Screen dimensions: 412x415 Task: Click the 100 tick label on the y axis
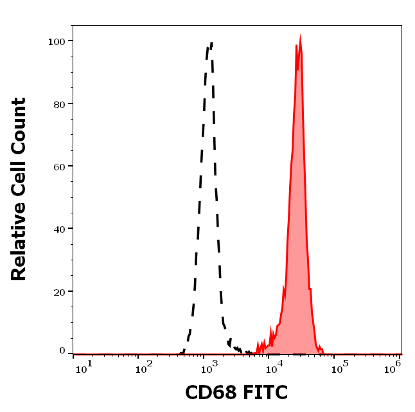click(x=58, y=41)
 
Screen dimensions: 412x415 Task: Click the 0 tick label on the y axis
click(x=63, y=351)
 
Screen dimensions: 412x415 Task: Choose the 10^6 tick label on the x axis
click(x=393, y=366)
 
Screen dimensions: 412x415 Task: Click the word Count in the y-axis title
click(x=19, y=125)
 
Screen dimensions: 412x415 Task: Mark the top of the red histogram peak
click(x=300, y=39)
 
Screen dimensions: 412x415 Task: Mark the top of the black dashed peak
click(x=211, y=43)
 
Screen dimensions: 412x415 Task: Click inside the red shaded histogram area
click(x=299, y=225)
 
